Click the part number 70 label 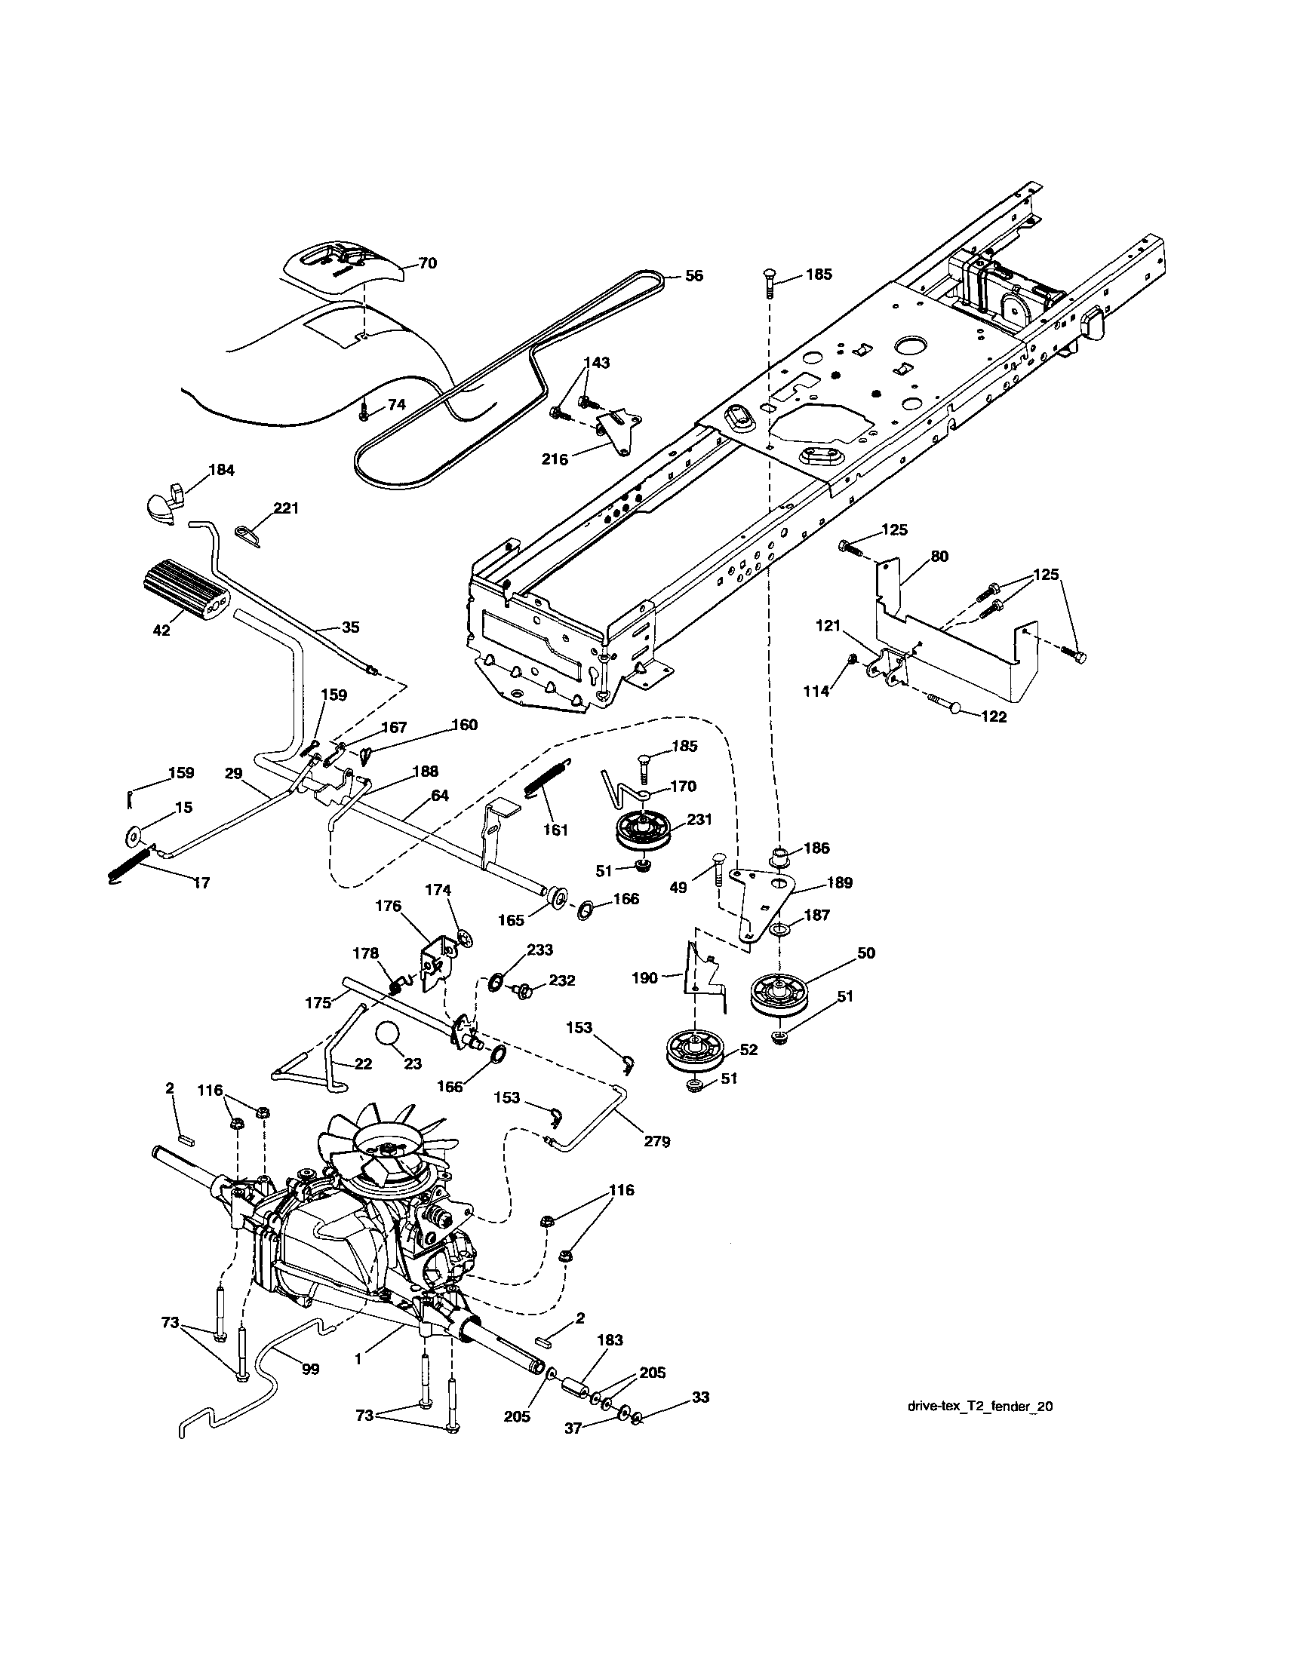(x=427, y=263)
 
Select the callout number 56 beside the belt (x=693, y=276)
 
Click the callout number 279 (x=656, y=1141)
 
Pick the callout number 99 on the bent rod (x=310, y=1370)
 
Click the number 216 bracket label (x=554, y=459)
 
